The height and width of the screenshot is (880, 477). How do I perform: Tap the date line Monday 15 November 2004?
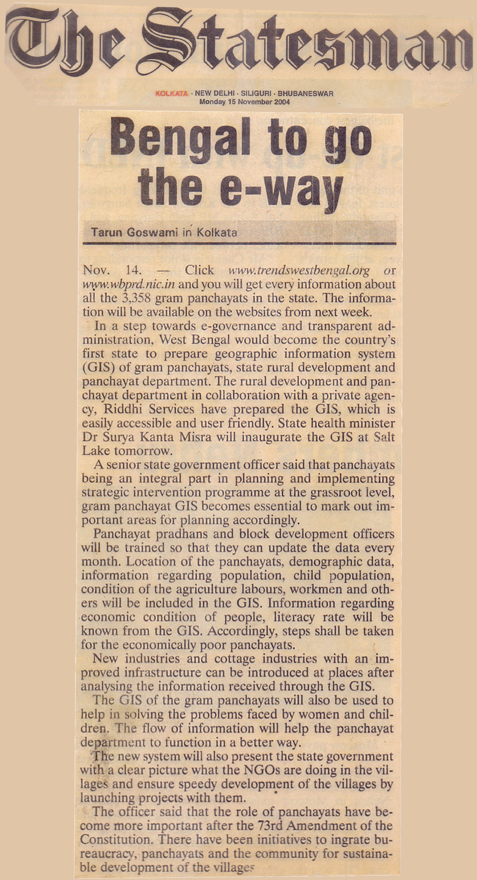tap(244, 102)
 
